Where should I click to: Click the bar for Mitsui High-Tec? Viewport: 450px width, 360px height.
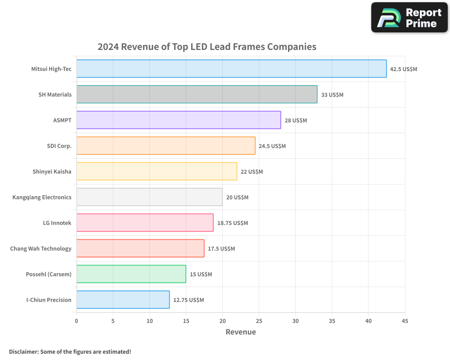click(231, 69)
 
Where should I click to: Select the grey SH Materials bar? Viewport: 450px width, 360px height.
click(197, 94)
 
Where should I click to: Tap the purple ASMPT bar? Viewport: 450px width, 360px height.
click(179, 120)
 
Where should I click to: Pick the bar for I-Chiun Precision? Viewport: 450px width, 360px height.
click(123, 300)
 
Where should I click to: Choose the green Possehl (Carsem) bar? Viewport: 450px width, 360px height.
click(131, 274)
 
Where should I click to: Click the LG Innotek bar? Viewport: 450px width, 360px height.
click(145, 223)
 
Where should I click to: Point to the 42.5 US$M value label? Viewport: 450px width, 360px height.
click(404, 69)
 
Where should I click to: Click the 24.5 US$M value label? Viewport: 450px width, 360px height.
click(272, 146)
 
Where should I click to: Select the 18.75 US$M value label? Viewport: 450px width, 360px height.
click(233, 223)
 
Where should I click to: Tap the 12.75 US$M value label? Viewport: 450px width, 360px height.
click(189, 300)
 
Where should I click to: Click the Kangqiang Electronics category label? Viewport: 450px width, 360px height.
click(42, 197)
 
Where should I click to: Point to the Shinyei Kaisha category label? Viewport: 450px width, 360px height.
click(52, 171)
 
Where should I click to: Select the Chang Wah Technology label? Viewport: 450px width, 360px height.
click(40, 248)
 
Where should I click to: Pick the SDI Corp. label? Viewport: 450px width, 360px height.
click(59, 146)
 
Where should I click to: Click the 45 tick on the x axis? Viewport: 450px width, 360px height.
click(405, 321)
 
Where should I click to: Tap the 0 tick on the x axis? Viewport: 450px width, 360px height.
click(76, 321)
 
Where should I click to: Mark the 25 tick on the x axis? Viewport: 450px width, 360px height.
click(259, 321)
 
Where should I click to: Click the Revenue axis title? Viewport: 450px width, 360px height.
click(241, 332)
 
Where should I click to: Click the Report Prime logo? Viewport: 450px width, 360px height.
click(409, 18)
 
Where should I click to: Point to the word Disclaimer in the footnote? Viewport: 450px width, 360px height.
click(23, 351)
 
